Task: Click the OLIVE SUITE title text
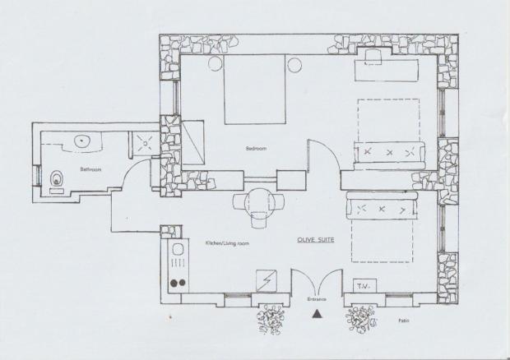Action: point(316,240)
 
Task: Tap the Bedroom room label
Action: point(256,149)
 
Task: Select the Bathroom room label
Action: point(90,169)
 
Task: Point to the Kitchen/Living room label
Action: point(227,243)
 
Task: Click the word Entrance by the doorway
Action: point(317,299)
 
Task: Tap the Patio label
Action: point(404,321)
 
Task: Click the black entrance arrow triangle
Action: point(318,314)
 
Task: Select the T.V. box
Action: point(364,285)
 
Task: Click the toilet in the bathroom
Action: point(58,178)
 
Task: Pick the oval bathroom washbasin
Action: point(81,141)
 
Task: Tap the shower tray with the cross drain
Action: point(145,142)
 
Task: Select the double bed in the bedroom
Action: point(255,90)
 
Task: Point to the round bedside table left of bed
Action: point(215,64)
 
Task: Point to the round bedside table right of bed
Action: point(294,65)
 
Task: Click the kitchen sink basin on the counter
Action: point(178,250)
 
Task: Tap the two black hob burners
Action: point(178,283)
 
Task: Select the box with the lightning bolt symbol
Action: point(266,280)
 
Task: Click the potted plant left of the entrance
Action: point(271,320)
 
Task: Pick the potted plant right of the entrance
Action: point(361,320)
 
